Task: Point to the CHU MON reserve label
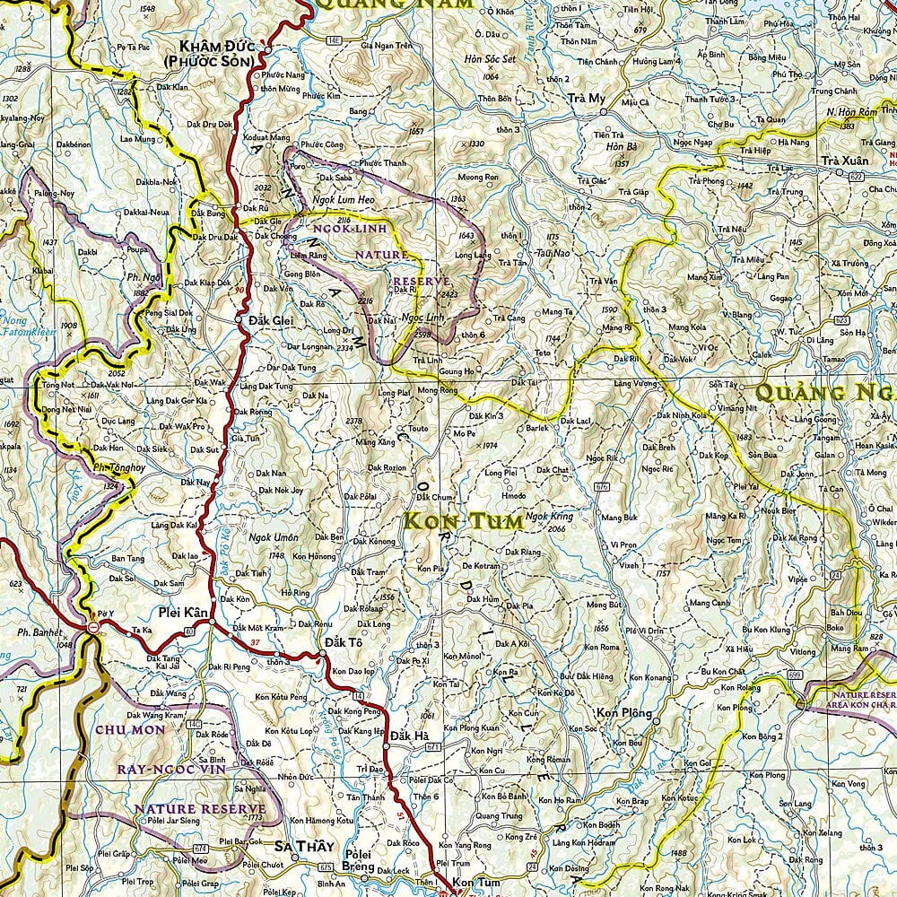[131, 730]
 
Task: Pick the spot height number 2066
[555, 529]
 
